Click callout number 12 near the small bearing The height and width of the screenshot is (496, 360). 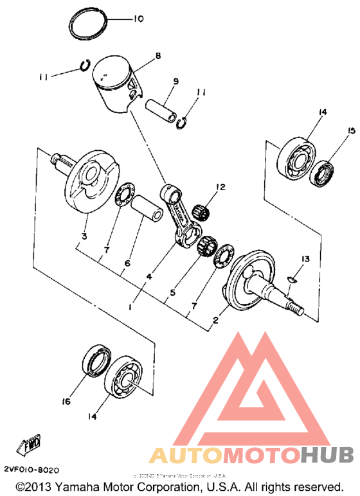click(221, 188)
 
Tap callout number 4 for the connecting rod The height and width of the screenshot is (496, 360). click(148, 276)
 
